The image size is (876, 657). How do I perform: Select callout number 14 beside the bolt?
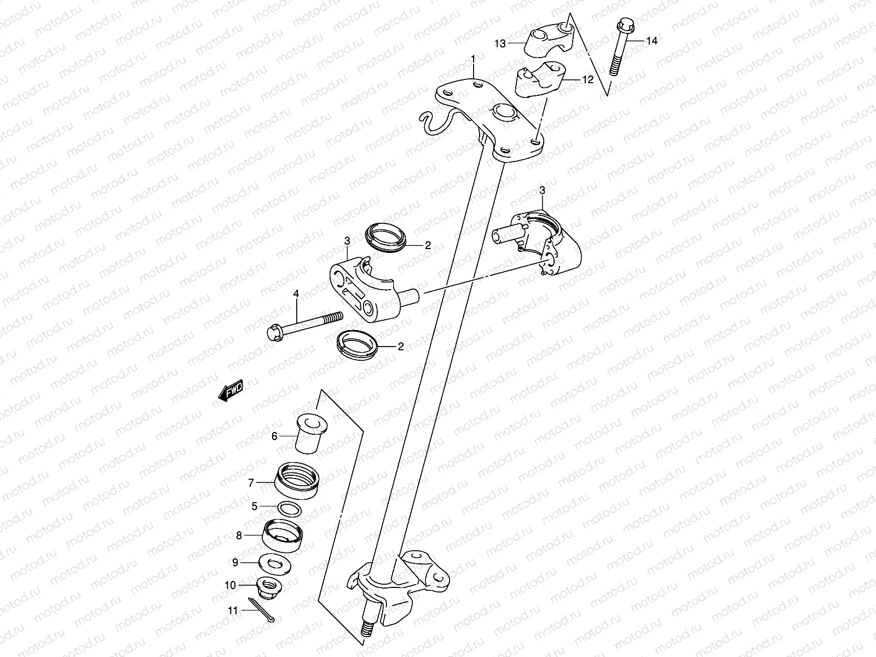click(651, 41)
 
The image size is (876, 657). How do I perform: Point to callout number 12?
click(587, 80)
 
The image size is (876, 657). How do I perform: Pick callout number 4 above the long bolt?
click(296, 294)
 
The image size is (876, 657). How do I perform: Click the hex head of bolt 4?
click(274, 332)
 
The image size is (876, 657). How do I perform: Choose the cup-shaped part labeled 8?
click(284, 533)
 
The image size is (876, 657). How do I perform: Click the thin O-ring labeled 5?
click(289, 508)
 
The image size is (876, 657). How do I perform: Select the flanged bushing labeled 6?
click(309, 434)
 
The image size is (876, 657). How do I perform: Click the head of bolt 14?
click(624, 26)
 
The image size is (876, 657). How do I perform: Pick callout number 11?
click(233, 610)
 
